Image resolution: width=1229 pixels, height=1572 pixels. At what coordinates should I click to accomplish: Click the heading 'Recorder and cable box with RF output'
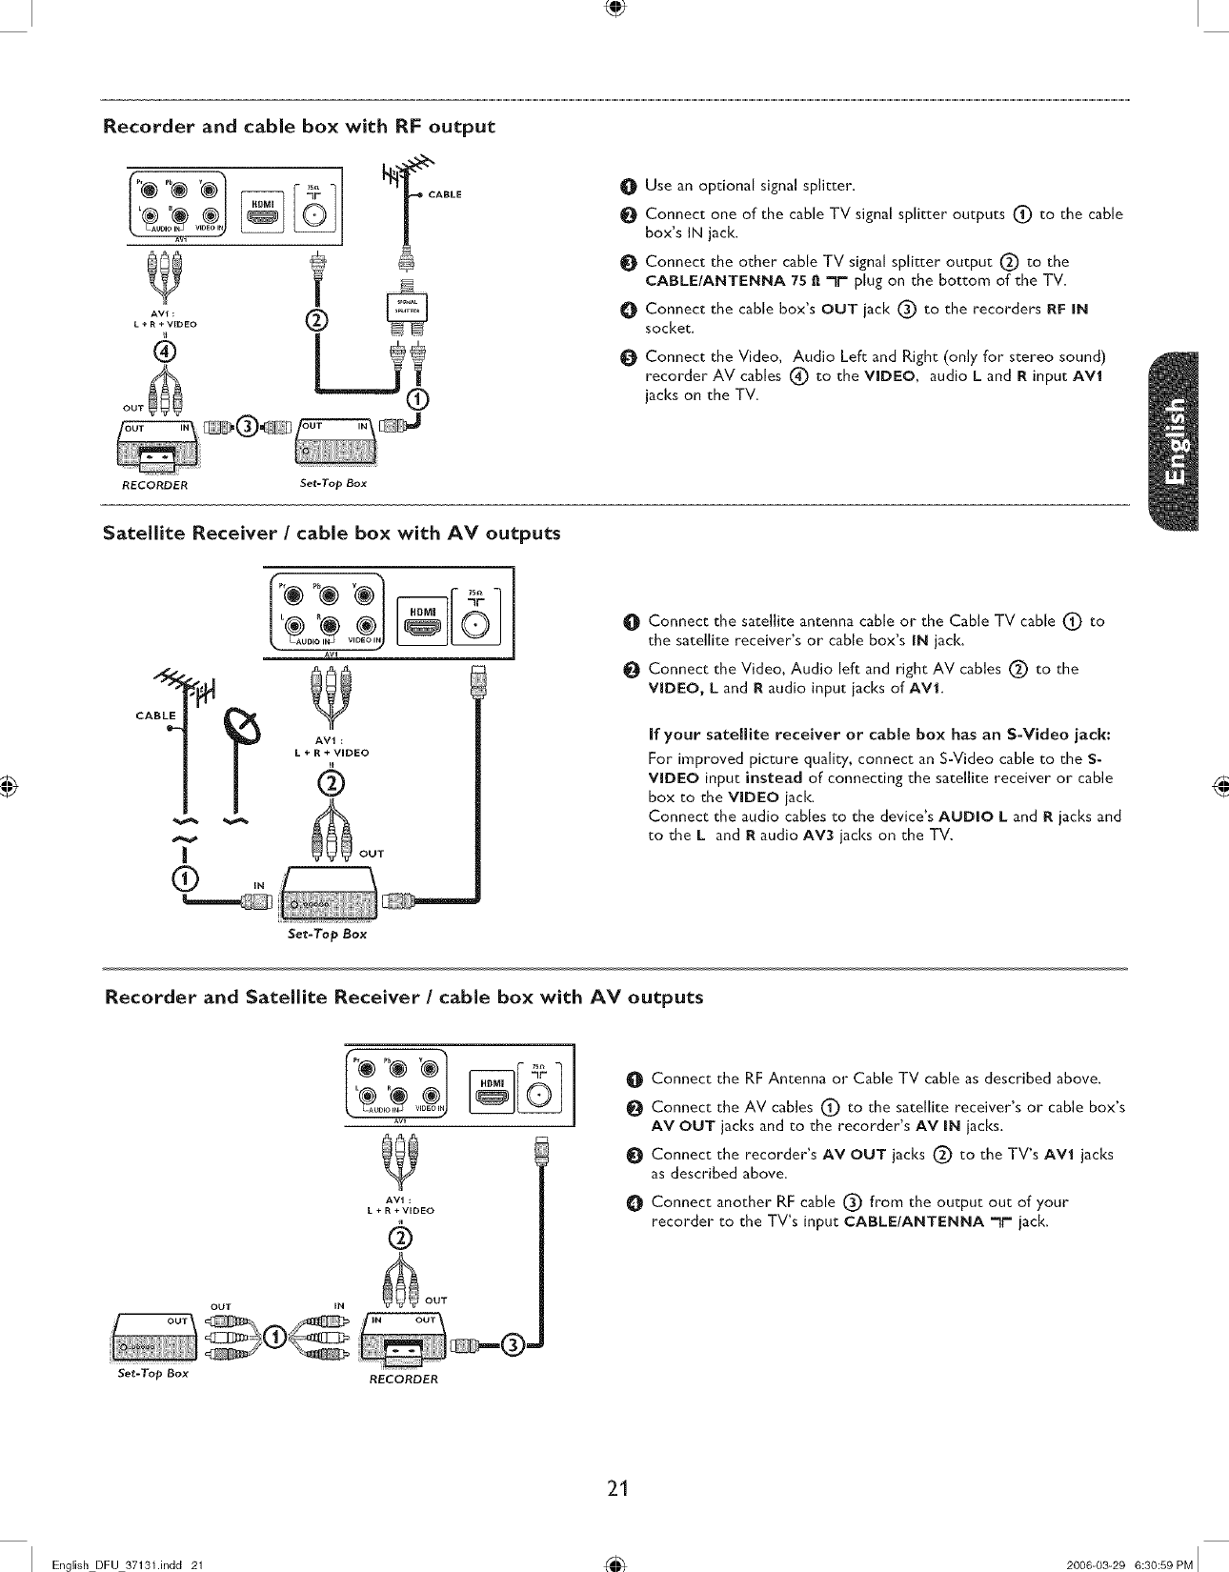click(299, 127)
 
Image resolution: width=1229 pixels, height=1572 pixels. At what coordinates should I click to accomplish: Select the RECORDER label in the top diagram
click(155, 485)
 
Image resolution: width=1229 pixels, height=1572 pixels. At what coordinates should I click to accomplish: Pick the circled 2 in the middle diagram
click(330, 783)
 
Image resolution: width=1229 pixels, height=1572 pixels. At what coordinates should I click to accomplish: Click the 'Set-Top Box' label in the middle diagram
click(327, 934)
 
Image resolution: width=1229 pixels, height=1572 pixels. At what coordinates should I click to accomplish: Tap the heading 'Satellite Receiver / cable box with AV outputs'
click(332, 533)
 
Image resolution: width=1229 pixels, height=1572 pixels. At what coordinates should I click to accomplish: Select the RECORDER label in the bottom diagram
click(403, 1379)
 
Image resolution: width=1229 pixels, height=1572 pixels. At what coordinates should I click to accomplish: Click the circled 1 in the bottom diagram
click(273, 1335)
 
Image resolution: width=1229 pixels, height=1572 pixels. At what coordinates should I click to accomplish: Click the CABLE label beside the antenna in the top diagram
click(445, 194)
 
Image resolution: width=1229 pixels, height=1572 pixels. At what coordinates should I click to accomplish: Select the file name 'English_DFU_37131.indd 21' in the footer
click(129, 1564)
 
